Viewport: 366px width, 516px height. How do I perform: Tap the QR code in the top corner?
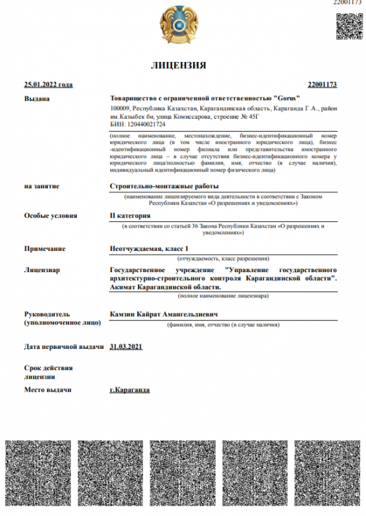click(349, 25)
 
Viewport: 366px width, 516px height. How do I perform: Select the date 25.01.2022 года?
click(48, 84)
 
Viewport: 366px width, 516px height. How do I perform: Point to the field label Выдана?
click(37, 99)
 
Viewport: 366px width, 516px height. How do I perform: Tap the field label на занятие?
click(42, 186)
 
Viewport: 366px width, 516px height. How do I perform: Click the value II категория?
click(130, 215)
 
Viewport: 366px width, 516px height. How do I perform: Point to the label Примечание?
click(45, 248)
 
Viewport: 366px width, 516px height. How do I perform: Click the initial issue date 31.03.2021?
click(127, 346)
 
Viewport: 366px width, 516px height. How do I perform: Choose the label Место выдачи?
click(48, 390)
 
